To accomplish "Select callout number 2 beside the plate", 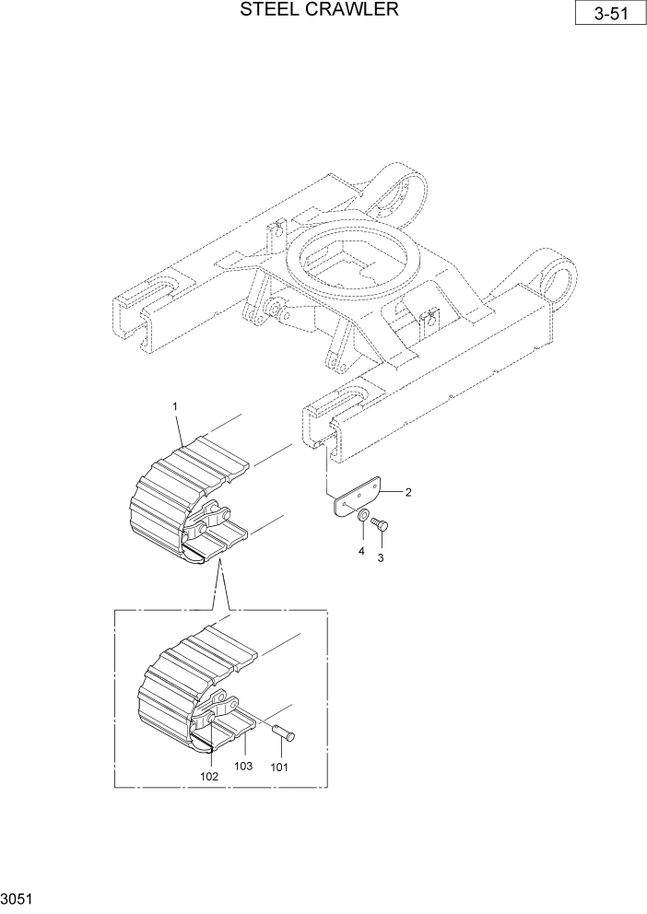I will click(x=408, y=492).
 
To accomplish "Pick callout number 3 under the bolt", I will click(x=381, y=557).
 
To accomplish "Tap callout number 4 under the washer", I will click(x=361, y=550).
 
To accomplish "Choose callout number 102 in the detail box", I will click(x=210, y=775).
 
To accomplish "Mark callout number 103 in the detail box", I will click(x=243, y=766).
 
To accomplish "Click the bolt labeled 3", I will click(x=379, y=524).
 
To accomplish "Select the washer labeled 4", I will click(x=363, y=515).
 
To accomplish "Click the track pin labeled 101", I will click(x=283, y=732).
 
